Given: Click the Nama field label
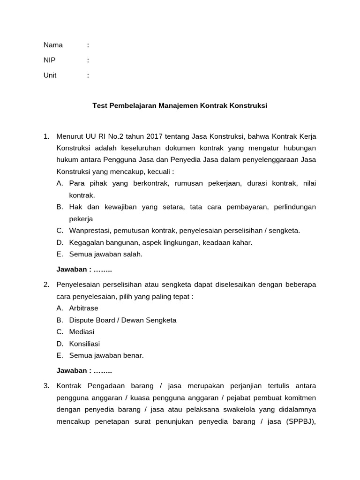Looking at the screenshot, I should tap(53, 45).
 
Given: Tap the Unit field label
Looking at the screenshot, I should tap(50, 75).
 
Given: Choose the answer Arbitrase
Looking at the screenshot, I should tap(83, 308).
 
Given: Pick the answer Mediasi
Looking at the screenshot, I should tap(82, 331).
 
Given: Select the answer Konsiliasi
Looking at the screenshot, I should tap(84, 344).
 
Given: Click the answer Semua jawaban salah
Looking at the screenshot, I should tap(105, 254).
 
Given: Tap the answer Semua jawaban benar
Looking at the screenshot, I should tap(106, 355).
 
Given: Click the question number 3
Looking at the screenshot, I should tap(46, 385).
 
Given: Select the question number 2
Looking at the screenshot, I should tap(46, 284).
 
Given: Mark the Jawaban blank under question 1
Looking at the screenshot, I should tap(103, 270).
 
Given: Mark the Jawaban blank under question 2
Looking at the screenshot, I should tap(103, 371).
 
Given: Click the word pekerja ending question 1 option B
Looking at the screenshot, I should tap(81, 218).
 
